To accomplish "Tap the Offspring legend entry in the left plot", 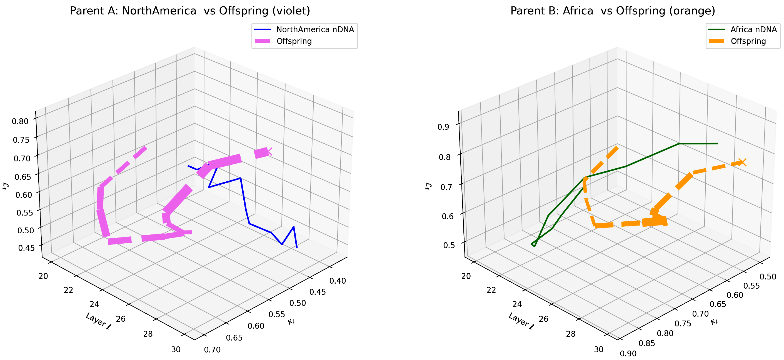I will pyautogui.click(x=294, y=41).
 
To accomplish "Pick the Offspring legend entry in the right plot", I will pyautogui.click(x=748, y=41).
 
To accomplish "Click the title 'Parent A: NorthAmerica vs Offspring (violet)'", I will pyautogui.click(x=190, y=11).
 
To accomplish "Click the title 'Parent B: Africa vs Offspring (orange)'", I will pyautogui.click(x=613, y=11).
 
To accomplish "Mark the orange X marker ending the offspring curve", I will pyautogui.click(x=742, y=162).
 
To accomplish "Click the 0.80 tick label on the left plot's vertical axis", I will pyautogui.click(x=20, y=121).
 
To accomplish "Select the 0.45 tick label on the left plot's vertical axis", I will pyautogui.click(x=26, y=248).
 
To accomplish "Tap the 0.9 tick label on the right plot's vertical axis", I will pyautogui.click(x=443, y=127).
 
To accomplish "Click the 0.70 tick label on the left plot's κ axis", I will pyautogui.click(x=212, y=350).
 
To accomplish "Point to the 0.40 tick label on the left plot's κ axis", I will pyautogui.click(x=338, y=281).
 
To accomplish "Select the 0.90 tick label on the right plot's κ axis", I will pyautogui.click(x=628, y=354).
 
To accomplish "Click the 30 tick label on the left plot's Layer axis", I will pyautogui.click(x=176, y=349).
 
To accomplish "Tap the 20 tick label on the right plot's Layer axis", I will pyautogui.click(x=466, y=276).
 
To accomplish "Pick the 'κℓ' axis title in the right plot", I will pyautogui.click(x=714, y=321).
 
